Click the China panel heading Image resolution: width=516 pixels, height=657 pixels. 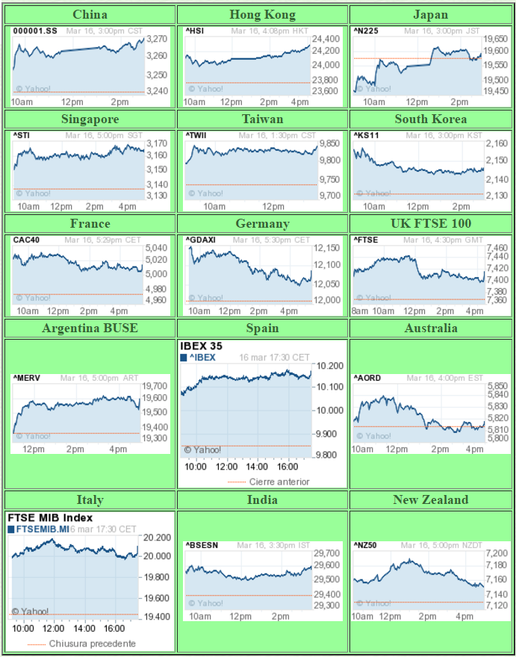[x=90, y=15]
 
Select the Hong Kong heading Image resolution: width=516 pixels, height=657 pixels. [x=262, y=15]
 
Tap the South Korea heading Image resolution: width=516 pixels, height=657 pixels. [x=431, y=119]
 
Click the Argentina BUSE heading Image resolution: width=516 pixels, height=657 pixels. [x=90, y=328]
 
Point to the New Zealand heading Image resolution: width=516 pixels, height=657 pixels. [x=431, y=500]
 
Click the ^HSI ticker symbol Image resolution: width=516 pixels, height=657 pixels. [x=194, y=31]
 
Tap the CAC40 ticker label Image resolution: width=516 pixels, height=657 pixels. [x=25, y=240]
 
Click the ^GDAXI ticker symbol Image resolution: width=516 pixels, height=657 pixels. [x=199, y=240]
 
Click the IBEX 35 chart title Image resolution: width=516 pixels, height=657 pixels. [x=201, y=346]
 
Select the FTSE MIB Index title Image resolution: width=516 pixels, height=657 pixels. [x=50, y=517]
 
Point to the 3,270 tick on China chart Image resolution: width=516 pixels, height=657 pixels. [x=158, y=39]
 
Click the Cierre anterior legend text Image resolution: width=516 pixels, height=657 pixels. [x=279, y=482]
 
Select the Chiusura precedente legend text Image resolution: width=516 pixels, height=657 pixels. [x=93, y=644]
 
